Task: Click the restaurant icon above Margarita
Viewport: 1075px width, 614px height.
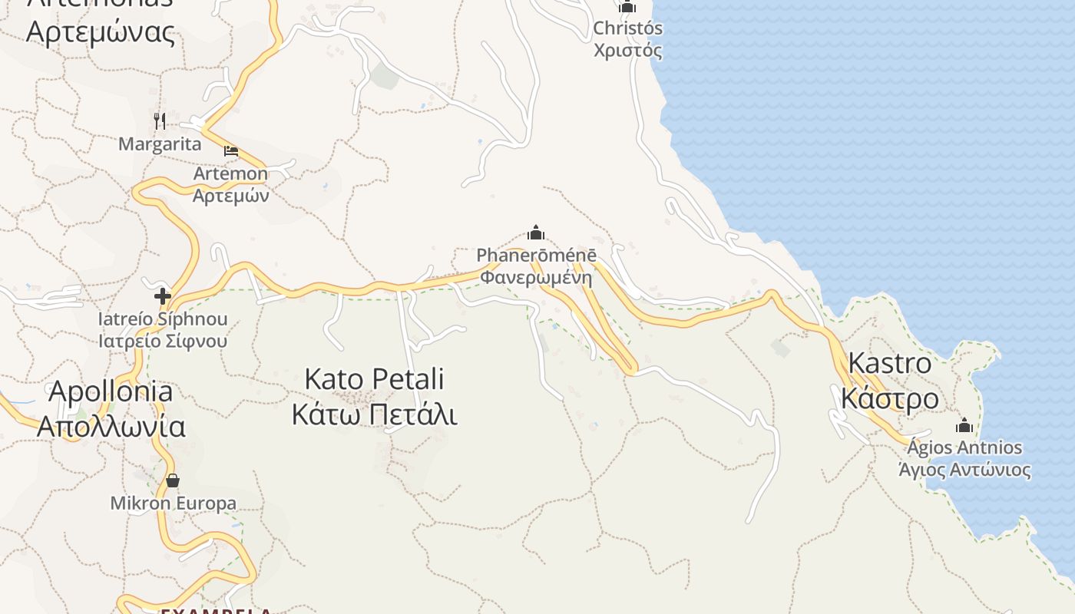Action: tap(160, 120)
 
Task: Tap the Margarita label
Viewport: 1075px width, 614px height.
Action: tap(160, 144)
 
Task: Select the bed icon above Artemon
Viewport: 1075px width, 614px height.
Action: tap(231, 150)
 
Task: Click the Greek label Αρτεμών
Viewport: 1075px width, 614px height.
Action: tap(230, 195)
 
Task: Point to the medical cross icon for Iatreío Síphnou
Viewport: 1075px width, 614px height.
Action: tap(163, 296)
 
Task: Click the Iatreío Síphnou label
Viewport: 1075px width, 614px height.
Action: tap(163, 319)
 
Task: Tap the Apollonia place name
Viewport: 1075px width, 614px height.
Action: tap(111, 391)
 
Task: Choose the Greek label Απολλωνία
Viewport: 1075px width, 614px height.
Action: tap(111, 426)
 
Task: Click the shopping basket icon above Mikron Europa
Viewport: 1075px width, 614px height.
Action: tap(173, 480)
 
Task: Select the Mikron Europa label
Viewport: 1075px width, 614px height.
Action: tap(174, 503)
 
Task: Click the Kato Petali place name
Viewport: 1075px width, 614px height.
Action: tap(375, 379)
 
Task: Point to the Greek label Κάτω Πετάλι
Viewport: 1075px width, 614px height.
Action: tap(375, 414)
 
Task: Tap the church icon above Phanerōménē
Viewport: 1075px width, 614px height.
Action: tap(536, 233)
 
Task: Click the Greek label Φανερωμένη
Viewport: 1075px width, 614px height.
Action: tap(537, 276)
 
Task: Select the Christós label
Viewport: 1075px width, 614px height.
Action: tap(627, 28)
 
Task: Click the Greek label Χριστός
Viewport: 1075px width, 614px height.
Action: tap(627, 51)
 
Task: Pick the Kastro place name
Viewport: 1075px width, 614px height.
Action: tap(890, 362)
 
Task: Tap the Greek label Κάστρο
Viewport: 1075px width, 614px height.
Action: tap(890, 398)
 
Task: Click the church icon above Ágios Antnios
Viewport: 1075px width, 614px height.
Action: tap(964, 425)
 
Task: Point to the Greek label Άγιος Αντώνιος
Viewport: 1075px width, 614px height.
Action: tap(964, 470)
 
